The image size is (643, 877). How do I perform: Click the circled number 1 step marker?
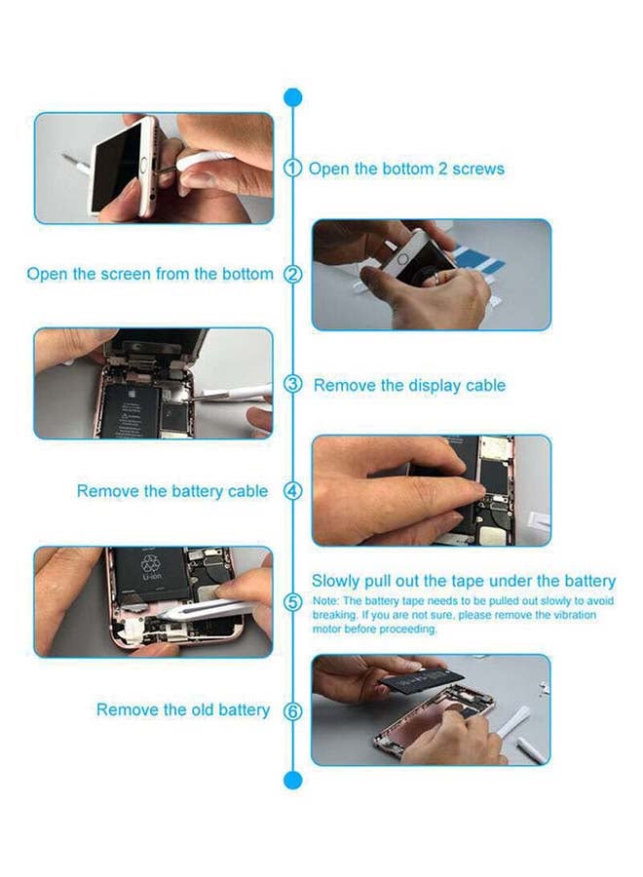292,168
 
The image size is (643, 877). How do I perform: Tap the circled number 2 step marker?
292,274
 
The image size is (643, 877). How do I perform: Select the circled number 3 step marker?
293,384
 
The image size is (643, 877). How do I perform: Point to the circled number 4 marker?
293,491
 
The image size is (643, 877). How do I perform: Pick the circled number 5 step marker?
293,603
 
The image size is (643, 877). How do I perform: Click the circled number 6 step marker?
293,711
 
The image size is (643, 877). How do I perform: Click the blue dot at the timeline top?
292,97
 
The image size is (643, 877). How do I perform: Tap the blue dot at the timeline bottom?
292,780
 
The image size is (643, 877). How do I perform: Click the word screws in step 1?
478,169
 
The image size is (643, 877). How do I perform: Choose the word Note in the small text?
324,601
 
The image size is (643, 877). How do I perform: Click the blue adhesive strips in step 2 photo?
478,259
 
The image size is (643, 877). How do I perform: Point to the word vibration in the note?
575,615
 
